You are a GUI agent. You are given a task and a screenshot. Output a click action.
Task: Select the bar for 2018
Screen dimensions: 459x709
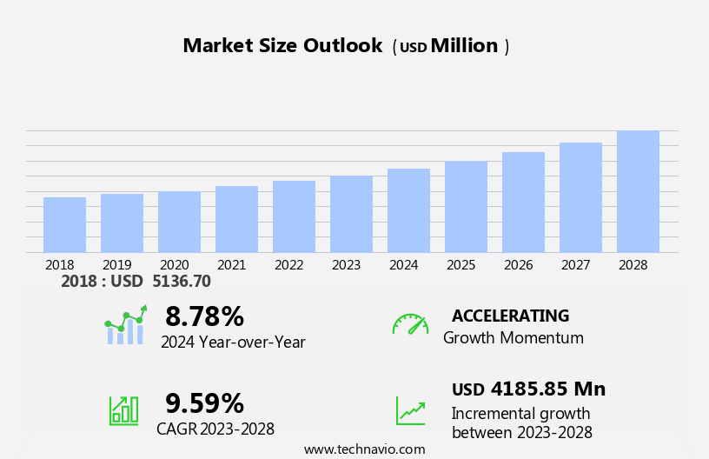[x=64, y=224]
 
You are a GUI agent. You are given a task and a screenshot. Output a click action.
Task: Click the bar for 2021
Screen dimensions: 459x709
[x=236, y=219]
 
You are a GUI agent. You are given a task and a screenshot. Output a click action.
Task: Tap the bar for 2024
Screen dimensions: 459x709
[x=408, y=210]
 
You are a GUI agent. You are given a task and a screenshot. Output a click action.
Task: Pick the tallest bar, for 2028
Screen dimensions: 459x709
[x=638, y=191]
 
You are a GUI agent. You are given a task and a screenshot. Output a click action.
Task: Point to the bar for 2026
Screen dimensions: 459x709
[x=523, y=202]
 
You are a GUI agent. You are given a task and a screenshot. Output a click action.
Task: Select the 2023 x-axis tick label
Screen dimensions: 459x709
[x=346, y=265]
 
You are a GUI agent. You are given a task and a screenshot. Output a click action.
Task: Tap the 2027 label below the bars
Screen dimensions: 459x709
[x=580, y=265]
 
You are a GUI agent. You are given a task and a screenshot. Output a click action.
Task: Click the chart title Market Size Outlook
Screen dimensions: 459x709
[x=282, y=46]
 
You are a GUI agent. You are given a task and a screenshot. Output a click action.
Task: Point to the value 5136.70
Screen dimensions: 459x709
[x=181, y=282]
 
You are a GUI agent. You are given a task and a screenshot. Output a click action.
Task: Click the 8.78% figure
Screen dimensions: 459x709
[x=204, y=316]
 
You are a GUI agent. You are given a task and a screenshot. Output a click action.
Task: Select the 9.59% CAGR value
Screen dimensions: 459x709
[x=204, y=403]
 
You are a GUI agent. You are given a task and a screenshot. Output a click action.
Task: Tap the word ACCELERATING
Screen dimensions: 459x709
[x=510, y=316]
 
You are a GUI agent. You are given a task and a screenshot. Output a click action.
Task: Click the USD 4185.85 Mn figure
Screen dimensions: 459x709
[x=528, y=389]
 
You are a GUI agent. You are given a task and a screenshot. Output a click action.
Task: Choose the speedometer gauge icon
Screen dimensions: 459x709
[x=410, y=324]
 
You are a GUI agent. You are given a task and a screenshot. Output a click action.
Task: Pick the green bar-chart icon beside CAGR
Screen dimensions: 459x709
[x=123, y=409]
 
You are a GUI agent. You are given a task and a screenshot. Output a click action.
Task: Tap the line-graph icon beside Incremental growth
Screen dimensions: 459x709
[x=410, y=410]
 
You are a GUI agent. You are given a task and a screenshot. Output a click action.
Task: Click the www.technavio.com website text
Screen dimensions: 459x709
[x=364, y=449]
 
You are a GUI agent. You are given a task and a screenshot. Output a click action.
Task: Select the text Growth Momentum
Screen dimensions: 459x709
[x=513, y=338]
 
